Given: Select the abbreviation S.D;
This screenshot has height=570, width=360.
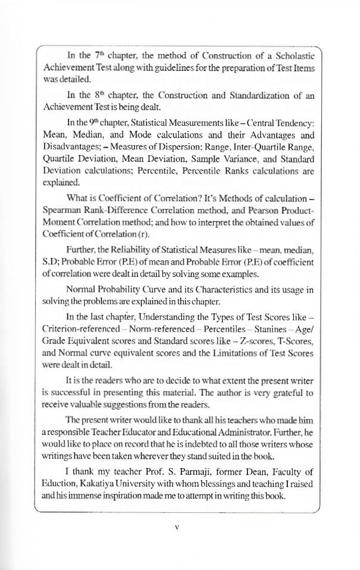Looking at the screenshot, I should (54, 262).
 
